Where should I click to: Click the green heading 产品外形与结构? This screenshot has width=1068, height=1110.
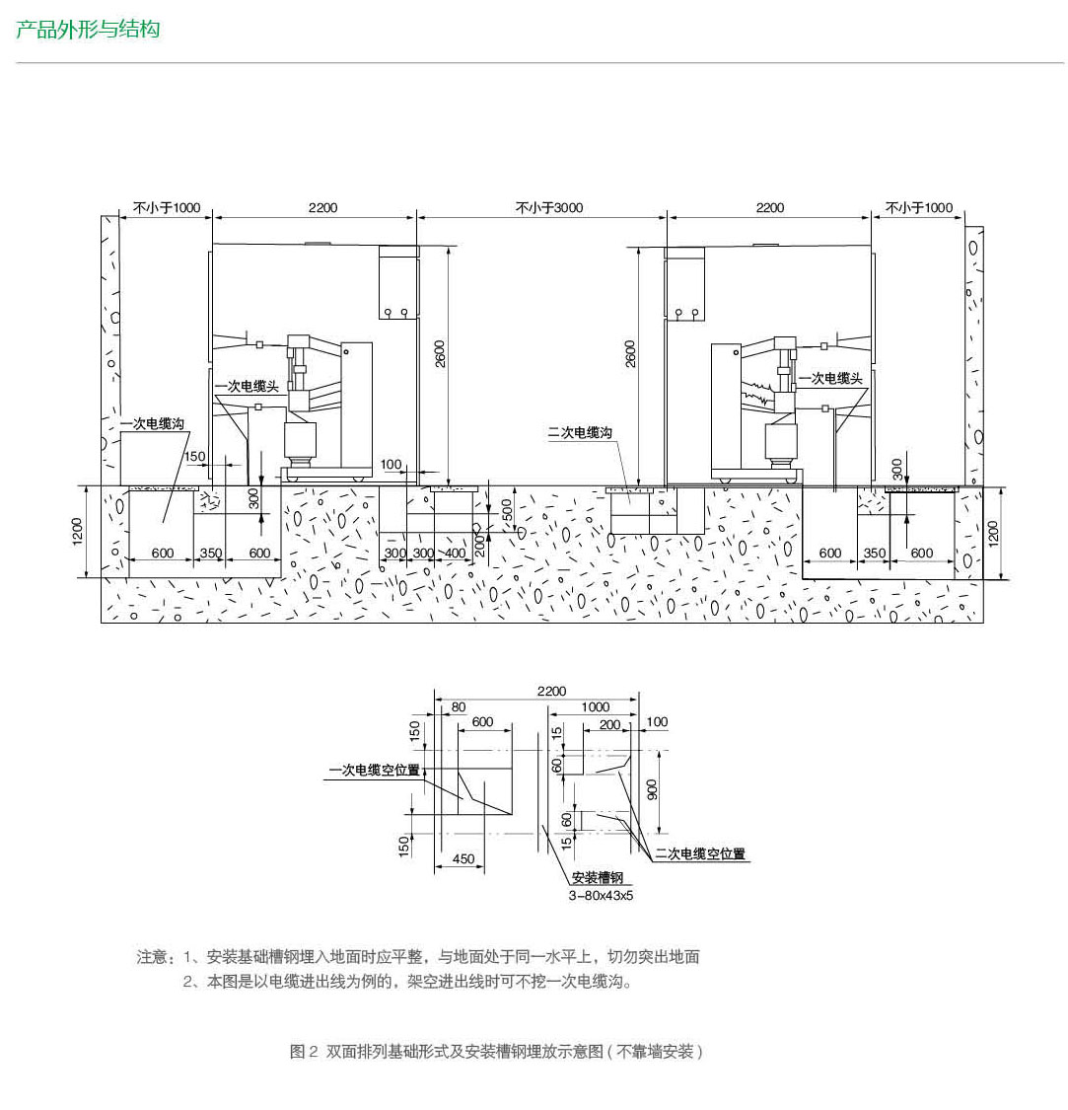click(x=88, y=30)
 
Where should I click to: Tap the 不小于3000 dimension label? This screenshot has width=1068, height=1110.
click(x=549, y=207)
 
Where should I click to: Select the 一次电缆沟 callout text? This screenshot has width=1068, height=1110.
click(x=152, y=423)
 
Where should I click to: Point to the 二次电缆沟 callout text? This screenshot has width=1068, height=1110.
click(x=580, y=432)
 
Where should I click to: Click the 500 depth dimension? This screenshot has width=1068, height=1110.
click(x=507, y=510)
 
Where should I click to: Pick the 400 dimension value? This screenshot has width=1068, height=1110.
click(x=455, y=553)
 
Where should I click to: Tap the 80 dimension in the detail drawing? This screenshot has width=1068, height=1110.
click(x=459, y=706)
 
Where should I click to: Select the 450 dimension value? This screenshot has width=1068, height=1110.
click(x=463, y=858)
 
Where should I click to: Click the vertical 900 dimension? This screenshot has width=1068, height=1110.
click(x=652, y=789)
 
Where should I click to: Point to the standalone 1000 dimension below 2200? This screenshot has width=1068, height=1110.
click(x=596, y=706)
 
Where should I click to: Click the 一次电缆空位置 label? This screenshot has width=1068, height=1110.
click(x=375, y=770)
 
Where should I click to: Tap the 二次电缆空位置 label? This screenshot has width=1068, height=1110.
click(x=700, y=853)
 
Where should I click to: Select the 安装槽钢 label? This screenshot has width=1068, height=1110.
click(x=598, y=877)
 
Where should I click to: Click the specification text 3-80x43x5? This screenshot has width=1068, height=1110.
click(x=601, y=896)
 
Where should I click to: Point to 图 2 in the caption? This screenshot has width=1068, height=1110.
click(x=304, y=1051)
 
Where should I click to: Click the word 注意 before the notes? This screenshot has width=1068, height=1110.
click(x=152, y=957)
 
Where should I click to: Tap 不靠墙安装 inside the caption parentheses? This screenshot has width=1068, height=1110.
click(x=655, y=1051)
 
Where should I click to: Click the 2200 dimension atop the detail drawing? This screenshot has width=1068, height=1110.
click(x=551, y=691)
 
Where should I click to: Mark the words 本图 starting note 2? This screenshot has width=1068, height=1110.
click(x=222, y=982)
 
